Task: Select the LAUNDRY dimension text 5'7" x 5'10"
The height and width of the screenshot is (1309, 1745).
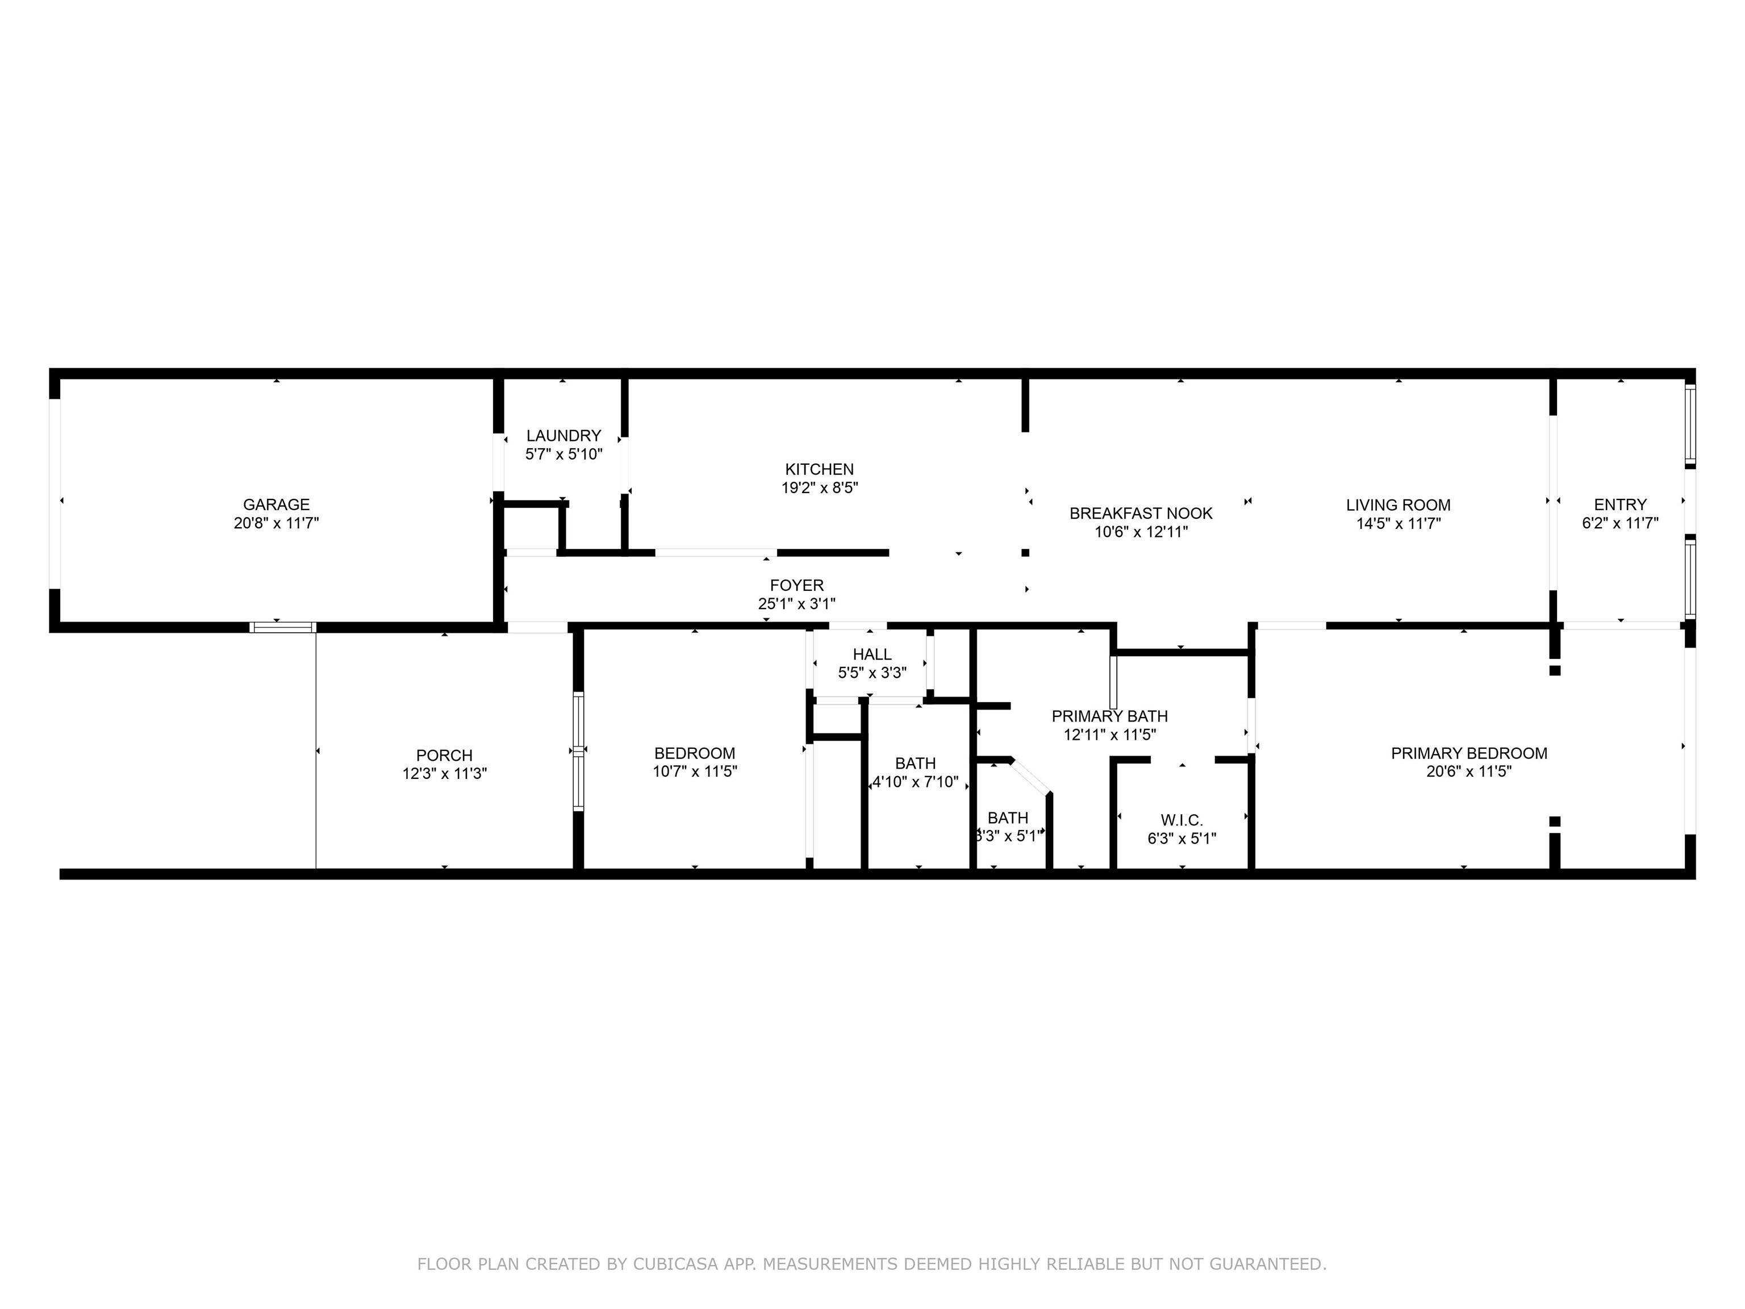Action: tap(563, 455)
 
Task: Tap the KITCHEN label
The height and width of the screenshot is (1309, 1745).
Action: tap(819, 469)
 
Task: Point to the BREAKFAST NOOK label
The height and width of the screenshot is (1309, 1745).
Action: tap(1141, 514)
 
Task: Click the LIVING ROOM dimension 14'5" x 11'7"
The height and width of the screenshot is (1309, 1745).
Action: tap(1398, 523)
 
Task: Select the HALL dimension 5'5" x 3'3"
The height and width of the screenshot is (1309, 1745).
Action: tap(872, 673)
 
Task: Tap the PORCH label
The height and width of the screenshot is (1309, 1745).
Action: tap(444, 756)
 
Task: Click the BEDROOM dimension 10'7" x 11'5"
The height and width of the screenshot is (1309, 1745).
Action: tap(694, 772)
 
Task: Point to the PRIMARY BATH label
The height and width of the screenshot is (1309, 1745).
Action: tap(1109, 716)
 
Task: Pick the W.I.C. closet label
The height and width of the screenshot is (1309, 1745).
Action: tap(1181, 820)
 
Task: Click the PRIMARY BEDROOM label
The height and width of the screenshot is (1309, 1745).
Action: tap(1468, 753)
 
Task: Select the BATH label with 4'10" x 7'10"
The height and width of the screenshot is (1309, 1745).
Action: tap(915, 764)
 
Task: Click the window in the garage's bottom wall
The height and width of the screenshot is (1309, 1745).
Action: tap(282, 627)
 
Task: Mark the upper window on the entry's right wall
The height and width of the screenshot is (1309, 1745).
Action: tap(1690, 424)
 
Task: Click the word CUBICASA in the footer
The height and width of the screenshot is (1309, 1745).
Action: tap(674, 1264)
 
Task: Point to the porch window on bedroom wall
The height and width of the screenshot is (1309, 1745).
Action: tap(578, 751)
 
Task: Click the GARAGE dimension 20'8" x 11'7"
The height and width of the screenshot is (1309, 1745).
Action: tap(276, 523)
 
